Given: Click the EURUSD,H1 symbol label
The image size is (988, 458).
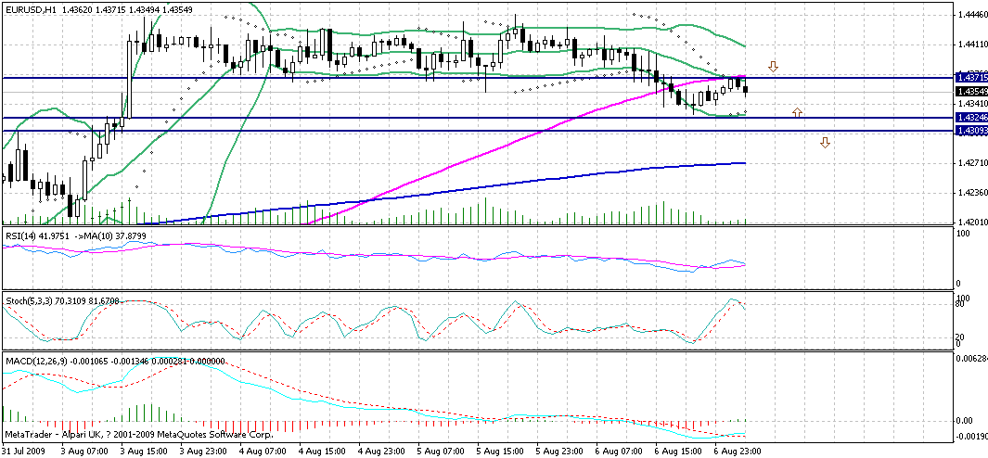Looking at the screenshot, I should (27, 8).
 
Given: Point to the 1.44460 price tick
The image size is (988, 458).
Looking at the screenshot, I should (971, 15).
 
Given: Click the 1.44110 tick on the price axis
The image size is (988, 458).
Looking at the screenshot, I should (971, 44).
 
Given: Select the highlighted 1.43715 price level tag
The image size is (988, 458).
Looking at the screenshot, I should (971, 78).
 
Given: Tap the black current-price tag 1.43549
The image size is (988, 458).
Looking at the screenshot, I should (971, 90).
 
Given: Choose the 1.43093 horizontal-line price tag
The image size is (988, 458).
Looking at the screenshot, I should (971, 132).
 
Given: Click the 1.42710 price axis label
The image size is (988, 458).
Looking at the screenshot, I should (971, 163).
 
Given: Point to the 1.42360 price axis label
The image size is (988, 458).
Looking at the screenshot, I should (971, 193).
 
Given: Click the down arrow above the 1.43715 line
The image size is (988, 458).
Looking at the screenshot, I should (772, 67).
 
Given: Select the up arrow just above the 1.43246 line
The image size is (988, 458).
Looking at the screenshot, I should (797, 112).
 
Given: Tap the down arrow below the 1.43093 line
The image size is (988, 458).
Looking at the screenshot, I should (825, 142).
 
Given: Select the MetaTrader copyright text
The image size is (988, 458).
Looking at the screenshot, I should (121, 434).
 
